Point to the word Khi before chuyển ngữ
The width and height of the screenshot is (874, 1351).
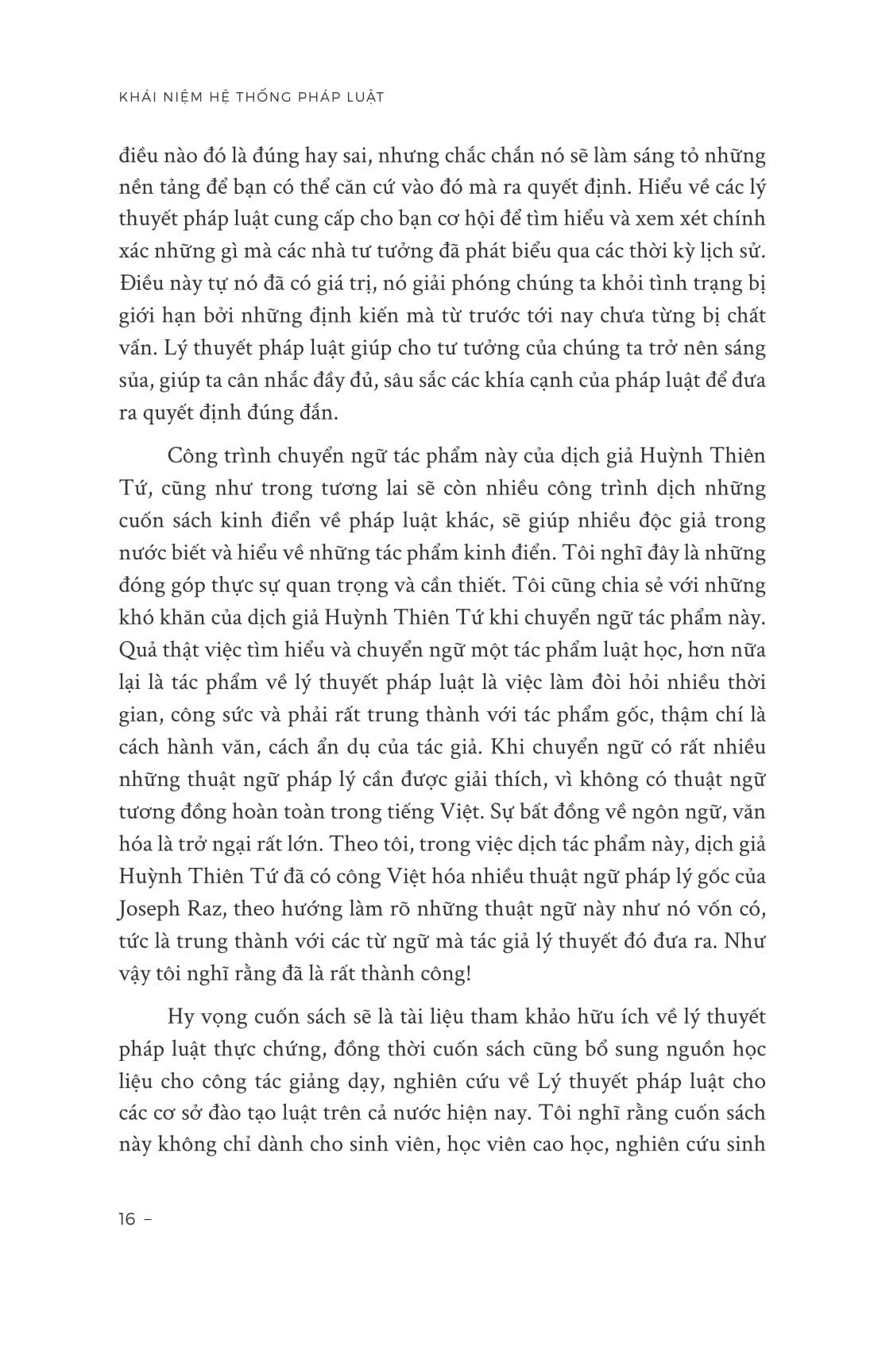pos(517,747)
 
